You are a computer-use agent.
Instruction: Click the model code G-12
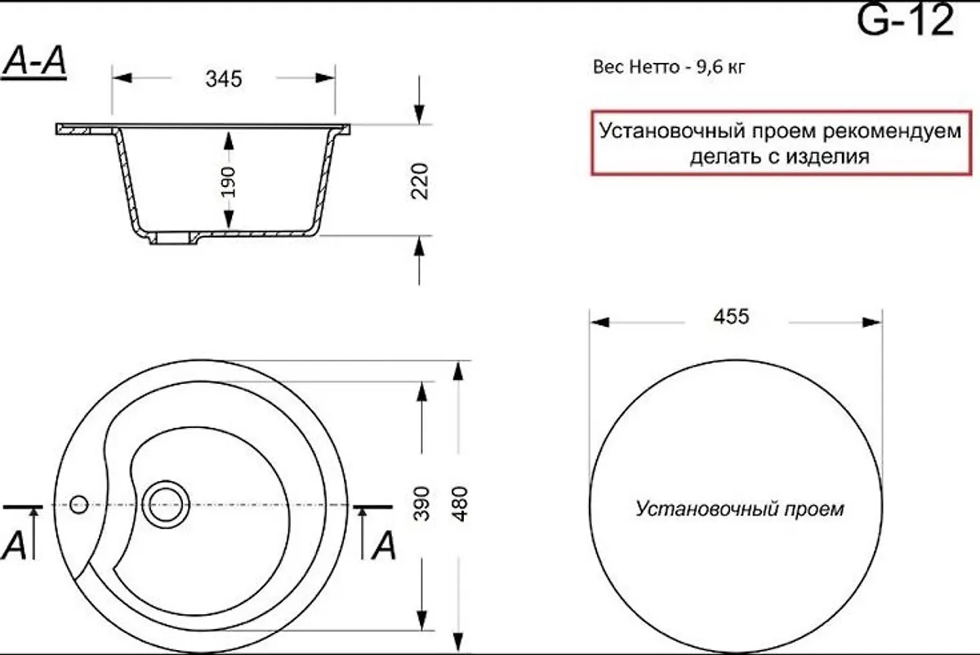(905, 20)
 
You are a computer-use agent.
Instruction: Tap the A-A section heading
(34, 61)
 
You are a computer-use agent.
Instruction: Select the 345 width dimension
(224, 79)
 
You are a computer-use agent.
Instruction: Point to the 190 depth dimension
(228, 181)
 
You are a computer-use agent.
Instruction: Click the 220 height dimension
(420, 181)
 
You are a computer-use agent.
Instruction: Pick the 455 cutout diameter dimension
(732, 316)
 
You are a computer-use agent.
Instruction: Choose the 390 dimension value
(421, 503)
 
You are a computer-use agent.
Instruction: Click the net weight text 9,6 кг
(720, 68)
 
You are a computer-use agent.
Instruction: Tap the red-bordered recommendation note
(782, 143)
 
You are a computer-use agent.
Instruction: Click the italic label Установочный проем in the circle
(739, 509)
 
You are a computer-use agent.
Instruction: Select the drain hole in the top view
(166, 505)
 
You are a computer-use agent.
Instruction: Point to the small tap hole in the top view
(78, 505)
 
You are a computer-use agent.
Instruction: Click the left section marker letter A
(14, 546)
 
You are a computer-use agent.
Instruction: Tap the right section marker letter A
(384, 546)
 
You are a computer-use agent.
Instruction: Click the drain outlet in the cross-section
(173, 238)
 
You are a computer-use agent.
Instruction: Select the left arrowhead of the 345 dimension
(122, 78)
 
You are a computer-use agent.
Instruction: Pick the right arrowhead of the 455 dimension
(871, 323)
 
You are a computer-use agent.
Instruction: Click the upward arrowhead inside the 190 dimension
(229, 141)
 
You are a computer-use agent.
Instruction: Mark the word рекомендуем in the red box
(892, 131)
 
